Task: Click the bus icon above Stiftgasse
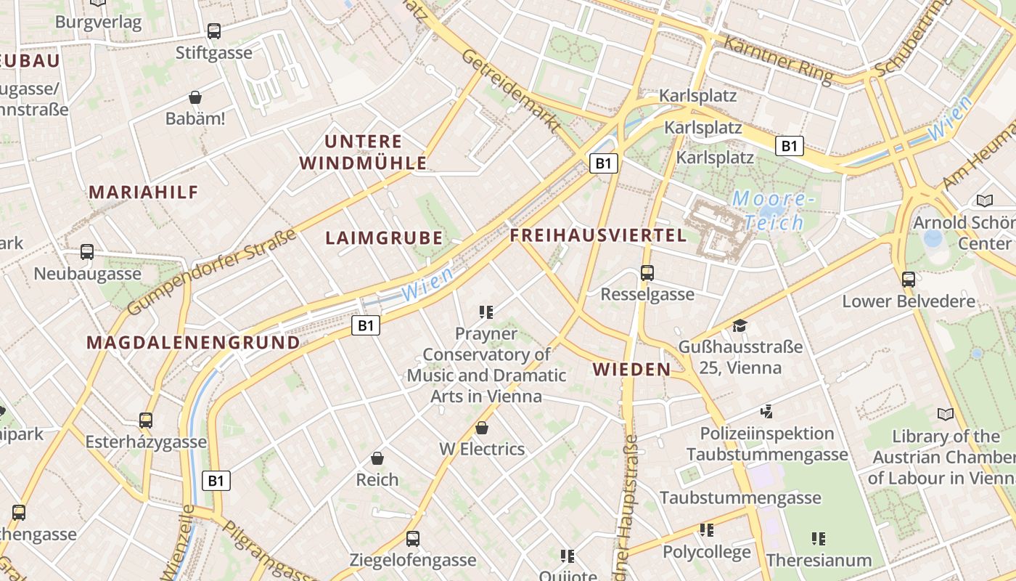click(x=213, y=31)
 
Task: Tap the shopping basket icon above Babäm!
click(x=194, y=97)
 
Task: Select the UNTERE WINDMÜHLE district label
click(x=364, y=152)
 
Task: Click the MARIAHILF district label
click(x=144, y=192)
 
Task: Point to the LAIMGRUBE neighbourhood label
click(x=384, y=238)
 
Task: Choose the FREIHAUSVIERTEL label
click(x=598, y=235)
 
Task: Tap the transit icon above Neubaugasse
click(x=87, y=252)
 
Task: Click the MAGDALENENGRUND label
click(x=193, y=343)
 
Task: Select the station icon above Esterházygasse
click(x=146, y=420)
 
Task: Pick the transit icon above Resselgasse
click(x=647, y=273)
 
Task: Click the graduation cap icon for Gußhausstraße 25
click(x=740, y=325)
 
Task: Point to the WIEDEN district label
click(x=631, y=370)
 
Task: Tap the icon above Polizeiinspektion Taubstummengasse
click(x=766, y=412)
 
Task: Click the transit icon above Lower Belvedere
click(x=908, y=279)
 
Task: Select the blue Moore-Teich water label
click(x=769, y=210)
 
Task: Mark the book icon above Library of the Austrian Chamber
click(x=945, y=414)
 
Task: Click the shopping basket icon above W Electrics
click(x=481, y=428)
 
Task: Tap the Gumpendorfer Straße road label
click(x=212, y=272)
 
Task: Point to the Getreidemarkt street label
click(x=511, y=91)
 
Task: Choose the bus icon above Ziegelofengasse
click(x=413, y=538)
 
